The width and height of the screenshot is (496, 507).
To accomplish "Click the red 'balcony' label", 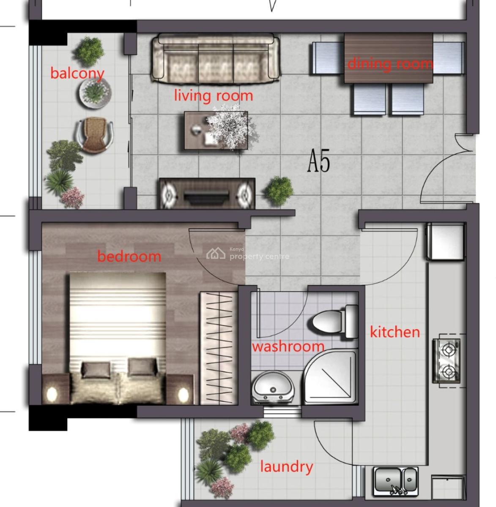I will [x=77, y=73].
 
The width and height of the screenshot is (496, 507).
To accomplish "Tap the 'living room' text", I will [x=214, y=95].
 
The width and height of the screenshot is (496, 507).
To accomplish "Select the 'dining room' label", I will [x=390, y=64].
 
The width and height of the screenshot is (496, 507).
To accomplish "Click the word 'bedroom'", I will [x=129, y=256].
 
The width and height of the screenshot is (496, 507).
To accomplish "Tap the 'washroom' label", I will [x=288, y=347].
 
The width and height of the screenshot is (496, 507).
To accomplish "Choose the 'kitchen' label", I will [x=395, y=332].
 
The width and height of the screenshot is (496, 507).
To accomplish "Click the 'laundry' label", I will [x=286, y=466].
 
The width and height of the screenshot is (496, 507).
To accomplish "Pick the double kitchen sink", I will [x=396, y=480].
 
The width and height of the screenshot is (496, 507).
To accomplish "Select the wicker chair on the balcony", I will [x=95, y=134].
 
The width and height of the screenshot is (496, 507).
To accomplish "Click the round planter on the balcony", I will [x=95, y=92].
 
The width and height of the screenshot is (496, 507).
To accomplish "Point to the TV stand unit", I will [x=207, y=194].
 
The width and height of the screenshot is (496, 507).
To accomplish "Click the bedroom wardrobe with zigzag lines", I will [x=218, y=347].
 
